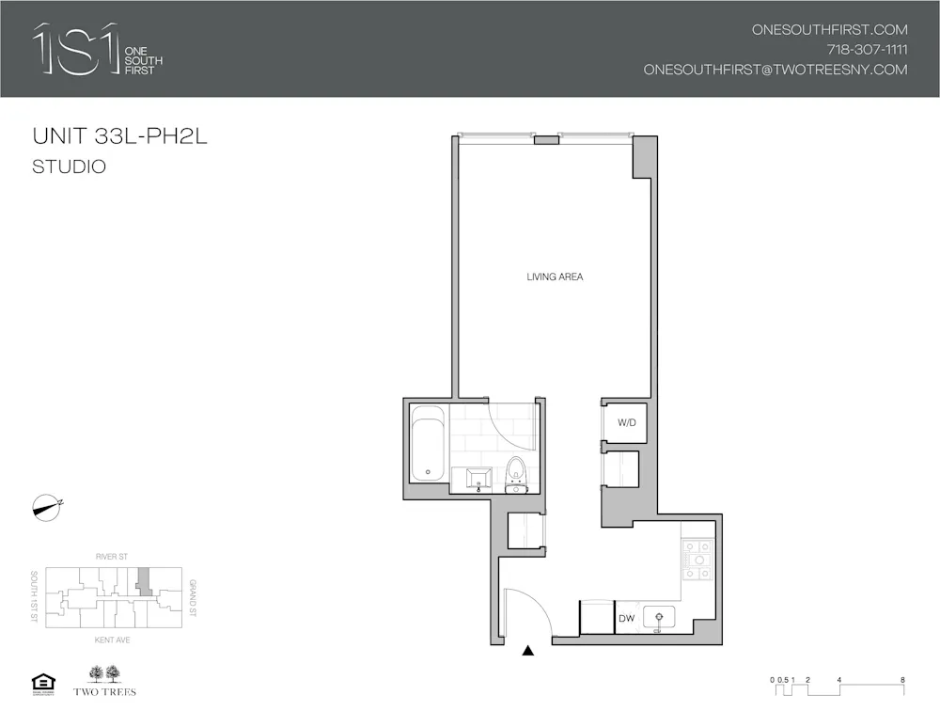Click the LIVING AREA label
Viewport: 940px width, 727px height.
[x=555, y=277]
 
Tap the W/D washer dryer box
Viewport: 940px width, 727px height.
[x=627, y=423]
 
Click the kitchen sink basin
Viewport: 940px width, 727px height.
[x=666, y=617]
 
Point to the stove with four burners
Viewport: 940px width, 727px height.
[x=698, y=562]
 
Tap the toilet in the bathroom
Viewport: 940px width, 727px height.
[x=516, y=473]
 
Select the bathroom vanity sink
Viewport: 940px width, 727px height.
[x=479, y=478]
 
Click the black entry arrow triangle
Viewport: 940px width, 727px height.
[x=528, y=649]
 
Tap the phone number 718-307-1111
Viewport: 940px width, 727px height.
[x=867, y=50]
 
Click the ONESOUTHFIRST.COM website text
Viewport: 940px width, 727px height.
[x=829, y=29]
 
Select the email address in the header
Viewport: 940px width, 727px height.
[x=775, y=70]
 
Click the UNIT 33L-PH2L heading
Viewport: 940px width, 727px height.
[x=119, y=136]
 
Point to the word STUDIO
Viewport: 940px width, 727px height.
[x=69, y=167]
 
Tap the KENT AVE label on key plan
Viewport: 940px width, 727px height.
[x=111, y=640]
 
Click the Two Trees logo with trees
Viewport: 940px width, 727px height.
[x=103, y=681]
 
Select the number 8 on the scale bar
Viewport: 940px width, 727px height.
[x=901, y=679]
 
